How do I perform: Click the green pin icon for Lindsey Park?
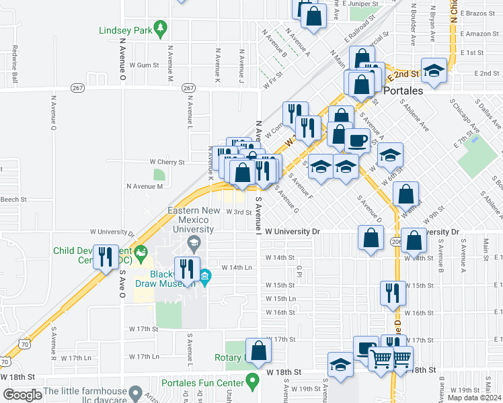point(160,29)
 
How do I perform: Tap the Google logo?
point(22,395)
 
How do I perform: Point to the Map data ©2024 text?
point(473,398)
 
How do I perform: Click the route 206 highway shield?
point(395,240)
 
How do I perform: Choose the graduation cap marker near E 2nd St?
point(435,72)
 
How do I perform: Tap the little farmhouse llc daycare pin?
point(135,391)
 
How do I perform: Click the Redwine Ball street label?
point(14,60)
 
